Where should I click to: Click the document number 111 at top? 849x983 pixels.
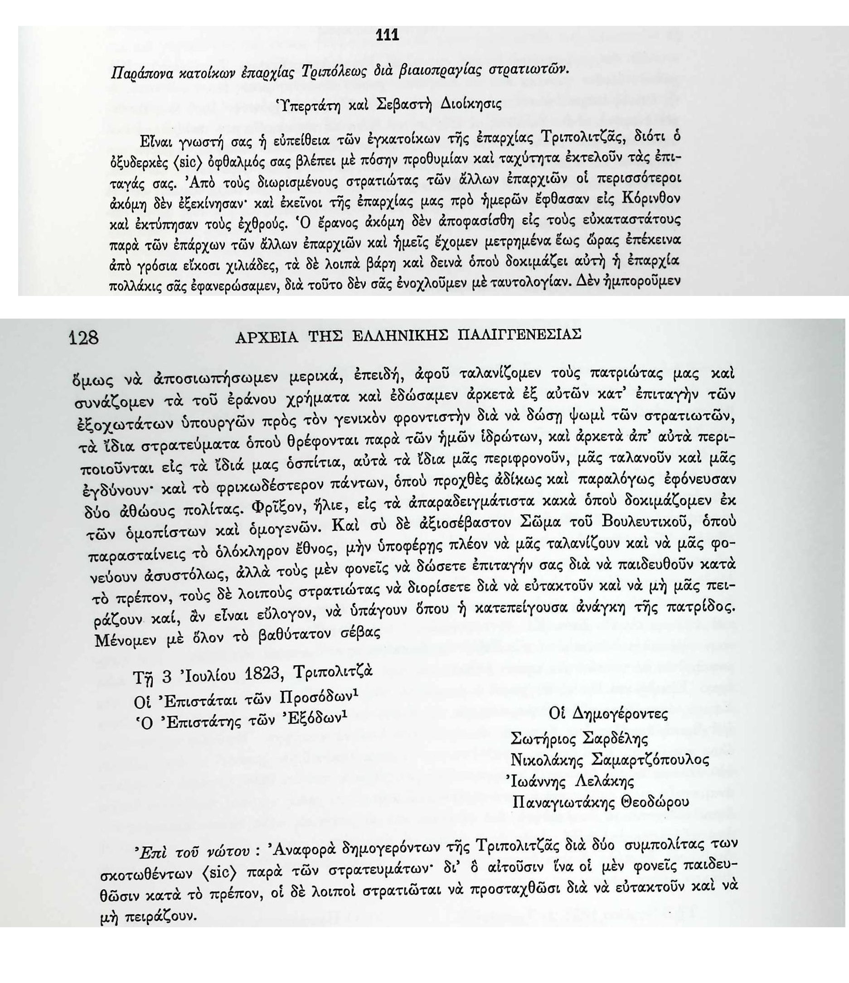(387, 36)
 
